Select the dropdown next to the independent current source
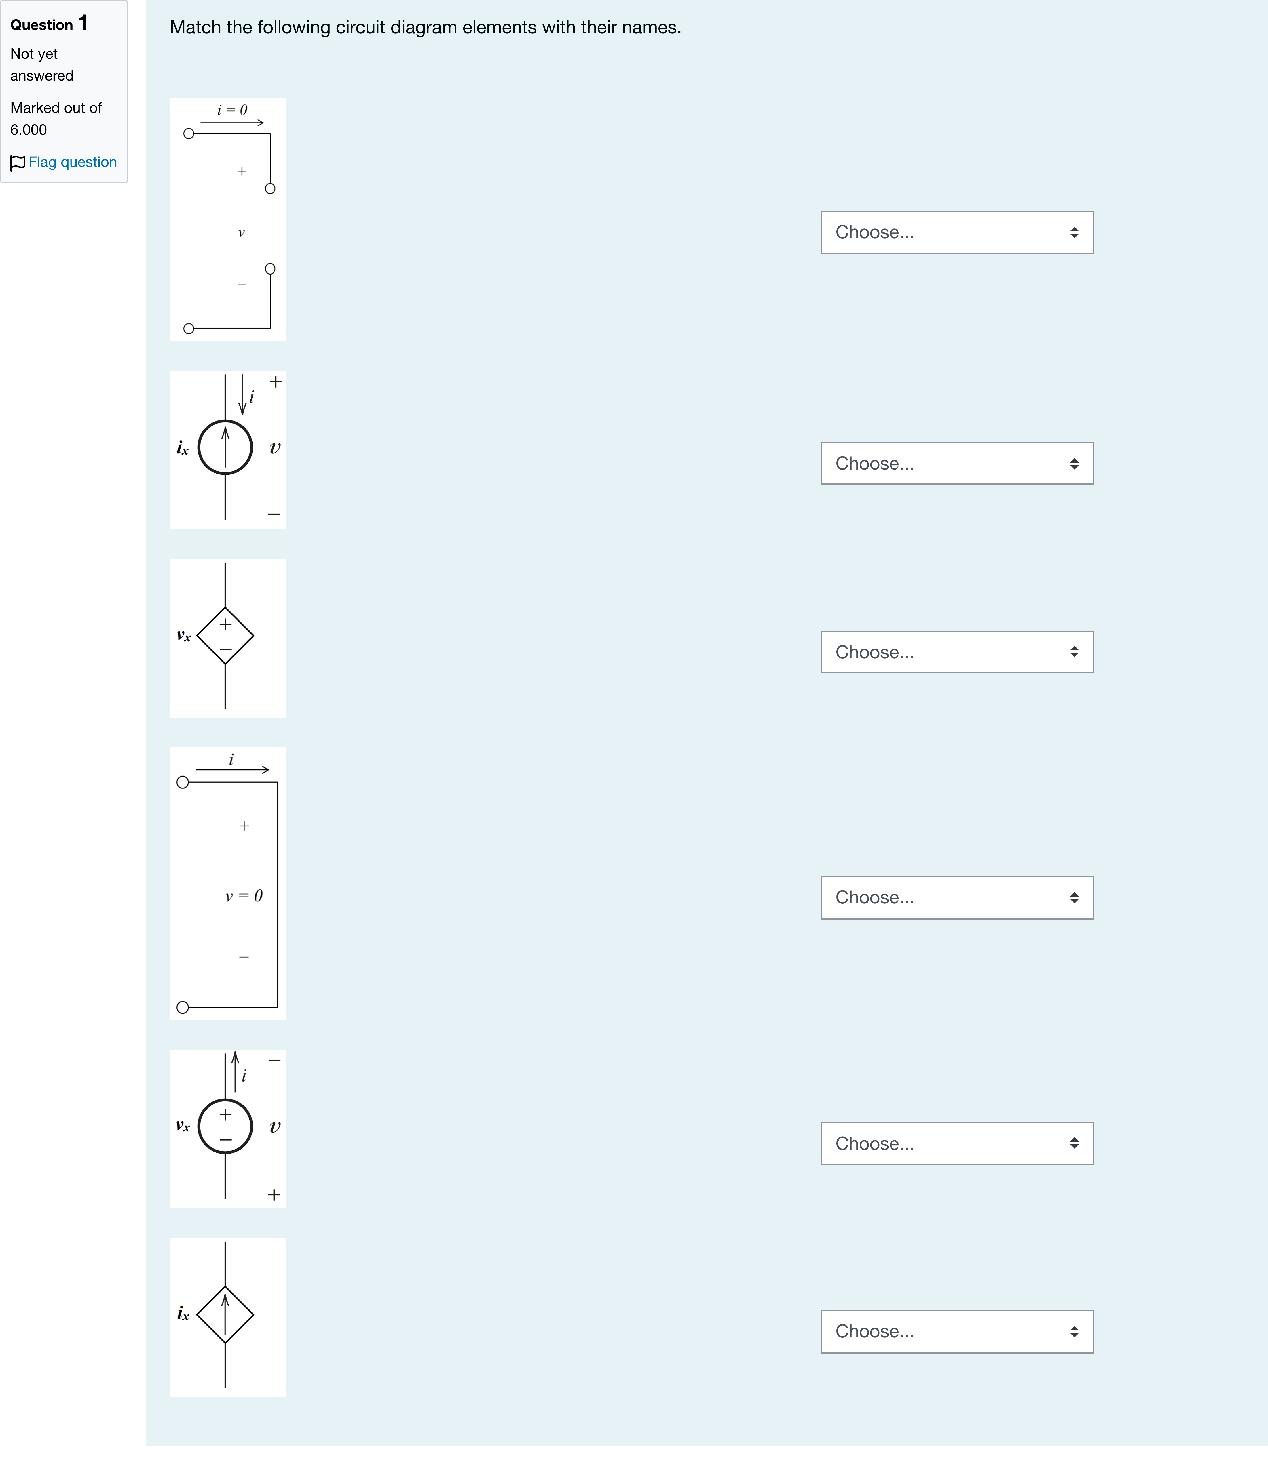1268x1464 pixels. point(957,463)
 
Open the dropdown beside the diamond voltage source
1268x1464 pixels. point(957,652)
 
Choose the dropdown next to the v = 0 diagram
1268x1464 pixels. point(957,897)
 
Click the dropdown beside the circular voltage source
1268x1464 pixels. point(957,1144)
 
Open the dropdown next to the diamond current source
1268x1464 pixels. point(957,1332)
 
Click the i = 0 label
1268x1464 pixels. point(232,110)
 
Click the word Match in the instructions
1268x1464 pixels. point(195,28)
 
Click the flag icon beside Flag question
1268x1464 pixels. point(18,163)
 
